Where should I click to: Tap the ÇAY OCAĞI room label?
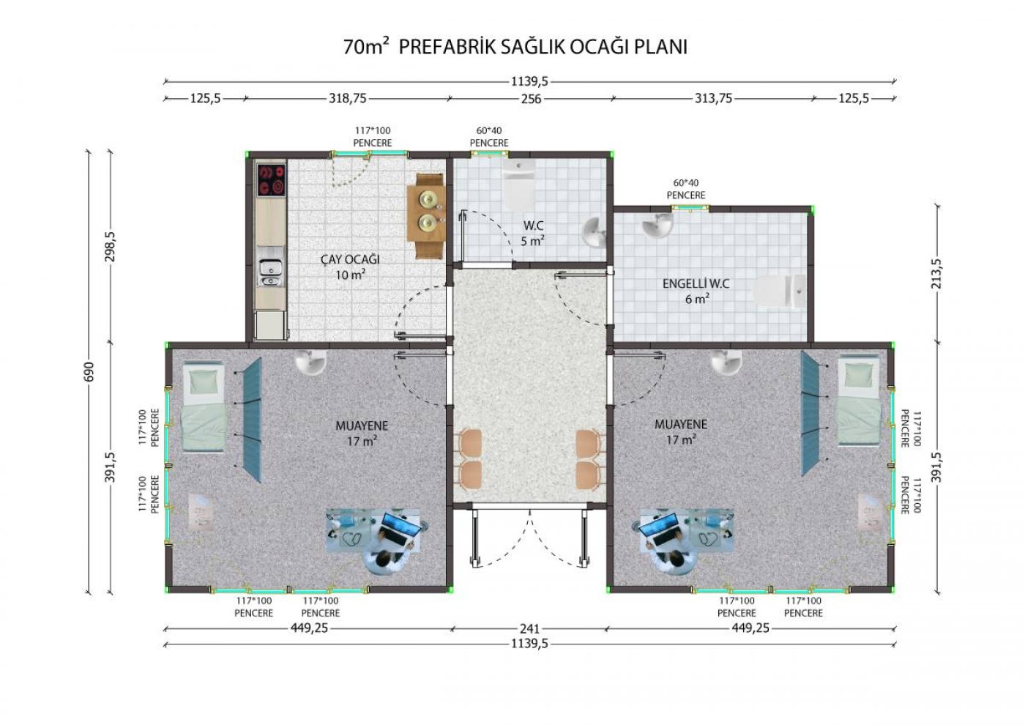350,259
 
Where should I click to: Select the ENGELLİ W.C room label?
696,284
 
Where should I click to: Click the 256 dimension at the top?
531,99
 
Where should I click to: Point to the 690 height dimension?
89,372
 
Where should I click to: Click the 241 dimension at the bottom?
530,628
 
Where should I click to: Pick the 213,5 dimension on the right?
936,274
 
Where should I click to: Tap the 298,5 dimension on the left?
111,247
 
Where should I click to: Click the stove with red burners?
272,180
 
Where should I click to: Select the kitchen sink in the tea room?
271,272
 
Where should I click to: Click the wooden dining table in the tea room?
426,215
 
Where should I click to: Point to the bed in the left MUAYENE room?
204,406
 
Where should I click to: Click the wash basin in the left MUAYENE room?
310,362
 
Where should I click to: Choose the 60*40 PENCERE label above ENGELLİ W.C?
685,190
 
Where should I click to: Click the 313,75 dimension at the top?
713,98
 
